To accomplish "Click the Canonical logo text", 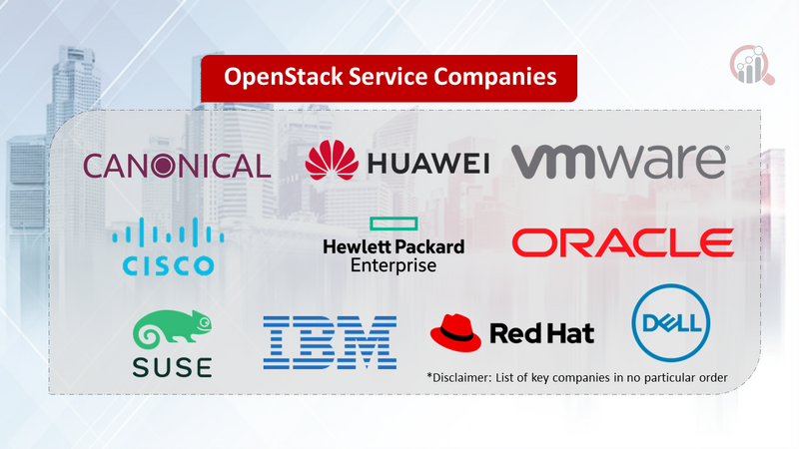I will (x=177, y=165).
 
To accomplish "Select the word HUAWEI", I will (x=426, y=164).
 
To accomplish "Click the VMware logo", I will (x=619, y=160).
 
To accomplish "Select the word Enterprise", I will (x=394, y=265).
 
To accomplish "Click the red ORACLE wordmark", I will (x=622, y=242).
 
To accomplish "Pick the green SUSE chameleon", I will (x=172, y=330).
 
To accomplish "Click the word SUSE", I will (x=172, y=366).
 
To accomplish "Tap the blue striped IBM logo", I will (x=330, y=342).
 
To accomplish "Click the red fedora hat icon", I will (x=456, y=330).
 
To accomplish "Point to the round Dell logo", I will (x=670, y=321).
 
